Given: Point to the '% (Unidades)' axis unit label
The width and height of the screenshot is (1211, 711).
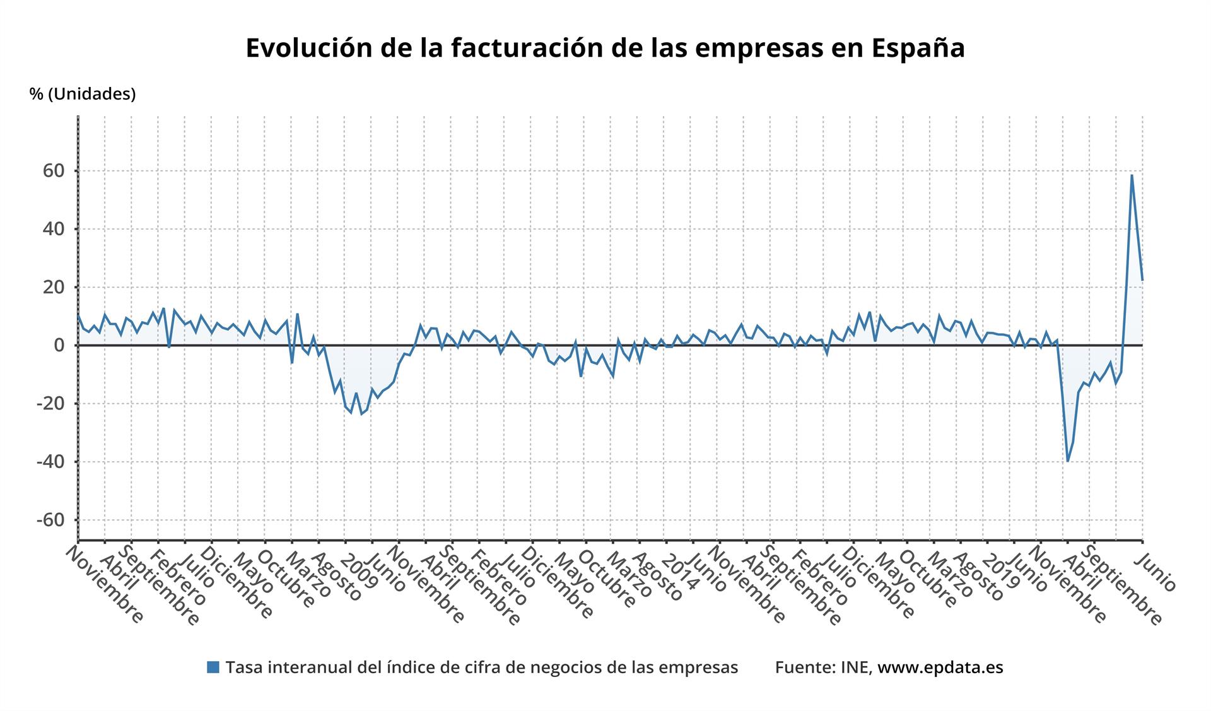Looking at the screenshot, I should [x=83, y=94].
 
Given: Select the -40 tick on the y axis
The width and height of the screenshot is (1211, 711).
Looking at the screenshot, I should [x=50, y=462].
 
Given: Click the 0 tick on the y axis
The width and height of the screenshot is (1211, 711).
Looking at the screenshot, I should [x=59, y=346].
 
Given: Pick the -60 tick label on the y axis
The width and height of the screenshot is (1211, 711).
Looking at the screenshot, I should [x=50, y=520].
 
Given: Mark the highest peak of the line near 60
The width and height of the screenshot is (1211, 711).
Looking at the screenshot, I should [x=1132, y=175].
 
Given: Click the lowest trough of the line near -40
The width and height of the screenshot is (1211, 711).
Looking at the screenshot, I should [x=1067, y=461].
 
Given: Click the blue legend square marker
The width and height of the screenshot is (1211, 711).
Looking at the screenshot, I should [x=213, y=667].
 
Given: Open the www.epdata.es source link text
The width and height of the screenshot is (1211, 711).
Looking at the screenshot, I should [x=940, y=667].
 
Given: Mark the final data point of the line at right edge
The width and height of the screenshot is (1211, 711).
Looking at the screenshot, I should [x=1142, y=279].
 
